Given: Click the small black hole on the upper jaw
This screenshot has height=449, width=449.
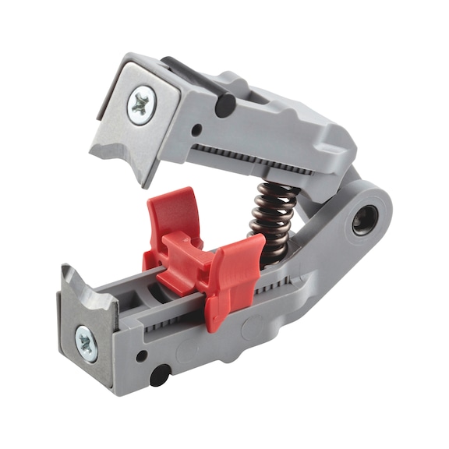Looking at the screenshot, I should pyautogui.click(x=197, y=129).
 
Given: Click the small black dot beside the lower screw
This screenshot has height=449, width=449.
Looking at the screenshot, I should pyautogui.click(x=142, y=355).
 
